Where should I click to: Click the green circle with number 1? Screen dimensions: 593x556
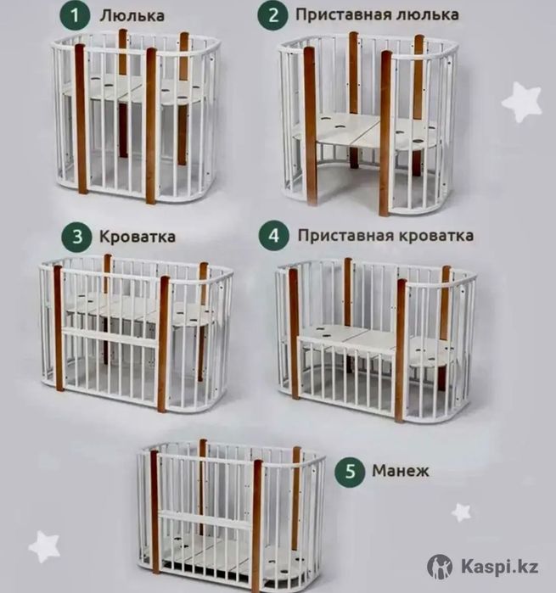click(x=78, y=15)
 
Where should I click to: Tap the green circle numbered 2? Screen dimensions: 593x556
click(x=273, y=15)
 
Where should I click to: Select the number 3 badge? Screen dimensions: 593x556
click(x=78, y=237)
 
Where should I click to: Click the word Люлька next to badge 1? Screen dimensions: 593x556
click(x=132, y=15)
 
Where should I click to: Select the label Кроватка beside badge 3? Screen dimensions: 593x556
click(x=138, y=237)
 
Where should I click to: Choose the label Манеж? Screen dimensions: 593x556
click(x=398, y=468)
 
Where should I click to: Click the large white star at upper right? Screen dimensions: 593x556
click(x=521, y=102)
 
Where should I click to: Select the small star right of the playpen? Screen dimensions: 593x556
click(x=461, y=512)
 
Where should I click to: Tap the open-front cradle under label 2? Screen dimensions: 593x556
click(x=367, y=119)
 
